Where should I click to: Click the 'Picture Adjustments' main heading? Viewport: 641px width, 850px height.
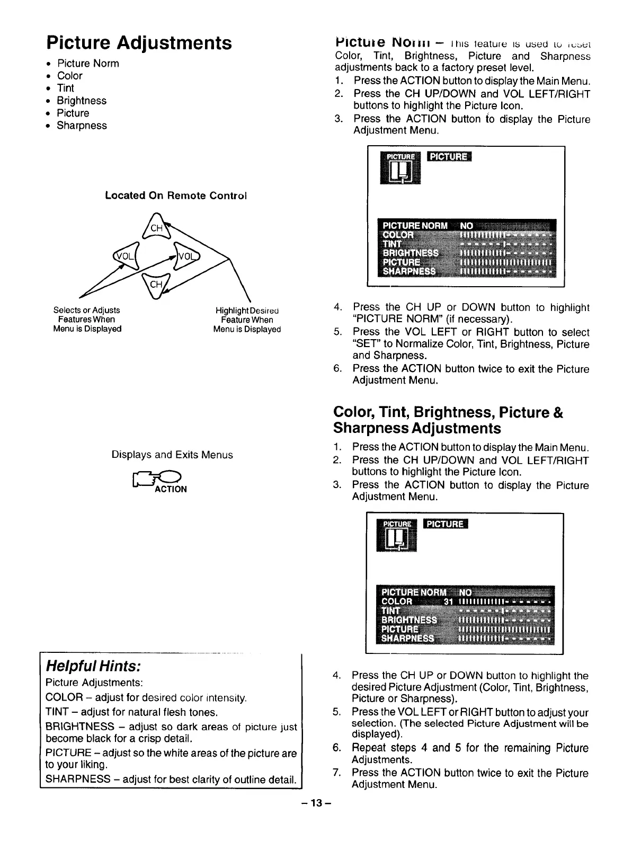click(139, 42)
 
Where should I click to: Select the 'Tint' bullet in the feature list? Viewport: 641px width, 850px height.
click(66, 88)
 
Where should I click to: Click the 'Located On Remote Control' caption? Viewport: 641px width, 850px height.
click(176, 196)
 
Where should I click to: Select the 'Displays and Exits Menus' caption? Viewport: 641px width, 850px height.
click(172, 455)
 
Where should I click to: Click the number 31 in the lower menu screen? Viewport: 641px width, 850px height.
click(449, 601)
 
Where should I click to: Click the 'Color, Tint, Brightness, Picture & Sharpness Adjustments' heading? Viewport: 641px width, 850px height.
click(448, 420)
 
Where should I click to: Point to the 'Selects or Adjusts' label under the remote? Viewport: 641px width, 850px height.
click(87, 310)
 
